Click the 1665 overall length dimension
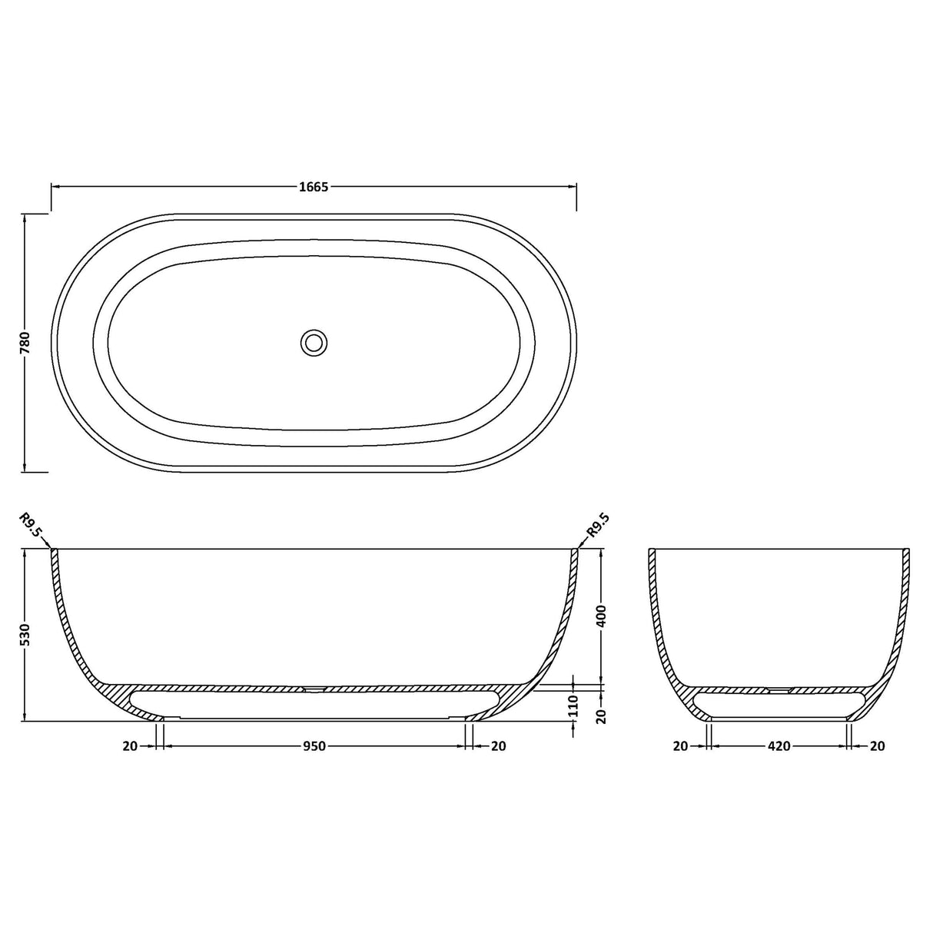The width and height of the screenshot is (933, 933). point(314,187)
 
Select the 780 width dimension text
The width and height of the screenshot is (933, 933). point(25,342)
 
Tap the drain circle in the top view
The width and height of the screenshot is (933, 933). point(313,342)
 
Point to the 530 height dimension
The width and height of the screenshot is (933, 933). point(25,635)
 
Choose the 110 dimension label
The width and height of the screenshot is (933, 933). point(574,704)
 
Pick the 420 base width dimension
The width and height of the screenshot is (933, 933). point(779,745)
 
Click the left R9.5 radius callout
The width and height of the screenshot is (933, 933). point(32,527)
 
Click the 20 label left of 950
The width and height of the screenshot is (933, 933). point(129,745)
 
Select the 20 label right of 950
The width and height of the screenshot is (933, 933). point(498,745)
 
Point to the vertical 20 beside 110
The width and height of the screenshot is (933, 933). point(602,716)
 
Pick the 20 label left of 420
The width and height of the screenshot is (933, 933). point(680,745)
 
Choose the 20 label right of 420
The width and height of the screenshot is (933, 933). point(877,745)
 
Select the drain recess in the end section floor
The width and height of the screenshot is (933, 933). point(779,690)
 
